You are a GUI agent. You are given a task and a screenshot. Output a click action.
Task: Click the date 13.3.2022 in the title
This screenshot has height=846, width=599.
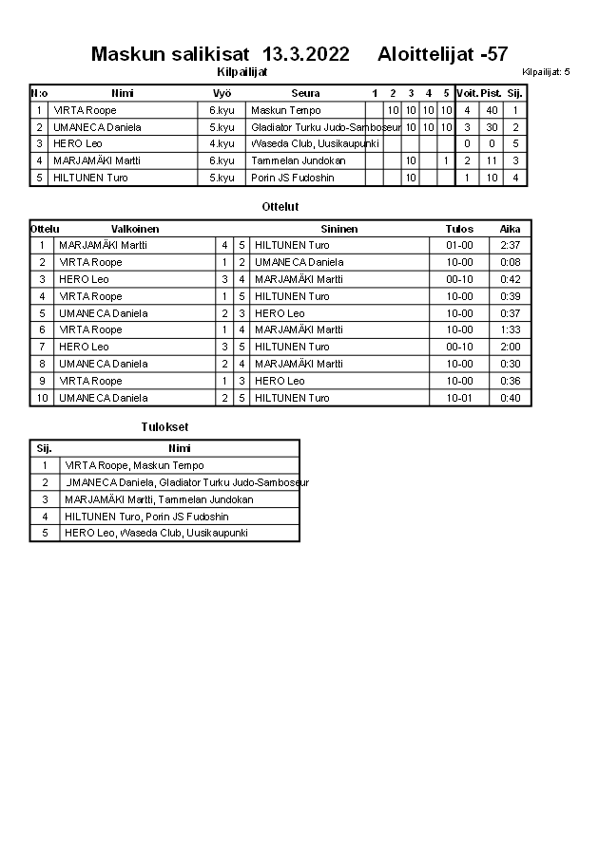pos(305,54)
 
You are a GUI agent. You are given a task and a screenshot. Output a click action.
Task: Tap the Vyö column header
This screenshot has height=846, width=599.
pos(222,93)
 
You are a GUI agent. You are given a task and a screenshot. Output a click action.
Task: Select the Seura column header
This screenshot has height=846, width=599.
pos(305,93)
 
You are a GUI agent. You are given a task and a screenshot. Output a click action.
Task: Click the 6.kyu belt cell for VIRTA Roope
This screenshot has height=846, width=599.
pos(222,110)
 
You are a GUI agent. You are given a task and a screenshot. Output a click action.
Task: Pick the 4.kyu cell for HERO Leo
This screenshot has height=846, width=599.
pos(222,144)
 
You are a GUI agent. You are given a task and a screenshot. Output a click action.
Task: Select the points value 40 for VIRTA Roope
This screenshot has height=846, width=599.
pos(492,110)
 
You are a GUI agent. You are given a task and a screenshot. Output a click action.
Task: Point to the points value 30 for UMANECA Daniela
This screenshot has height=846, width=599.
pos(492,127)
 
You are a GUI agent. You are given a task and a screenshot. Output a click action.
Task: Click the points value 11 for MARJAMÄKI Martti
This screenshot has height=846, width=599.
pos(492,161)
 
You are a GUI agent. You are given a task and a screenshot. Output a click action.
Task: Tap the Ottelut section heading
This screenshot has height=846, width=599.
pos(280,206)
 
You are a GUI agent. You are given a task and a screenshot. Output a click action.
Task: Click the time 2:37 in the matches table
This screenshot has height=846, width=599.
pos(511,245)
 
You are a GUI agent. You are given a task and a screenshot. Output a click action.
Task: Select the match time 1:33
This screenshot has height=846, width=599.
pos(511,329)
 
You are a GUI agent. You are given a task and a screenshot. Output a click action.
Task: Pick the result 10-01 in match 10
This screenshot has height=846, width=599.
pos(459,398)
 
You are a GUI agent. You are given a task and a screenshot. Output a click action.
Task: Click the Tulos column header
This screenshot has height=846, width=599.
pos(459,229)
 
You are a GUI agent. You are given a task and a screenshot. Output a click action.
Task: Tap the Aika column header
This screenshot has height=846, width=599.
pos(511,229)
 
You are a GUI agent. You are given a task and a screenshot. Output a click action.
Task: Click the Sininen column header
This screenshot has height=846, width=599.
pos(339,229)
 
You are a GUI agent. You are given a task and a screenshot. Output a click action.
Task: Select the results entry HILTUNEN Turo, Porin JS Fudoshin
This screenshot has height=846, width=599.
pos(146,517)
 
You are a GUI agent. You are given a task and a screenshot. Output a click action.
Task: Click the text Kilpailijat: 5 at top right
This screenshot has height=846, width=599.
pos(546,72)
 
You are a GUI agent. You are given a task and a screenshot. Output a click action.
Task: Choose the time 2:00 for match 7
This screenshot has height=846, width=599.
pos(511,347)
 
